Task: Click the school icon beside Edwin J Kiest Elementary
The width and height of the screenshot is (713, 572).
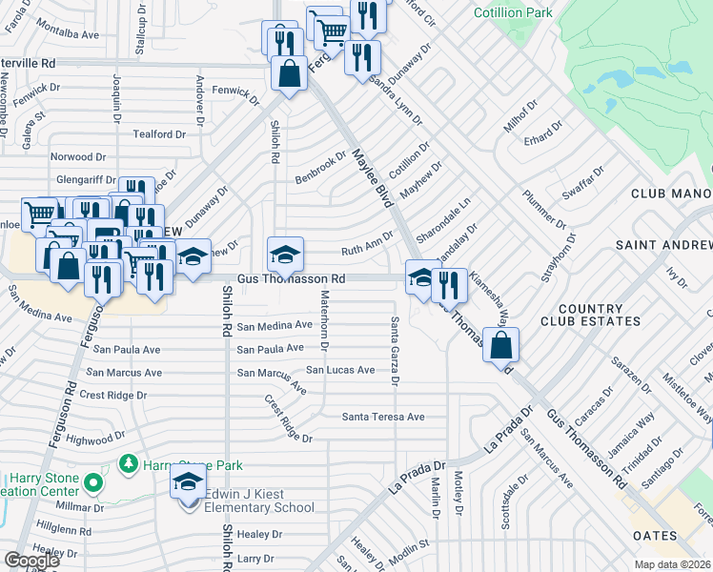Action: point(189,484)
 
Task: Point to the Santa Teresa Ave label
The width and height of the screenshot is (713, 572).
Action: point(383,417)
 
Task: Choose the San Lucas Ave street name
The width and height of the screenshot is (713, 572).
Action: point(340,370)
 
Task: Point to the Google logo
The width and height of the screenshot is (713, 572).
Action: point(31,561)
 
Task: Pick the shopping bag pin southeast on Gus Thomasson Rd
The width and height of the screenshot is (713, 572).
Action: point(501,345)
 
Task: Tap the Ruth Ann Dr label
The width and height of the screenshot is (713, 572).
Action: point(367,243)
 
